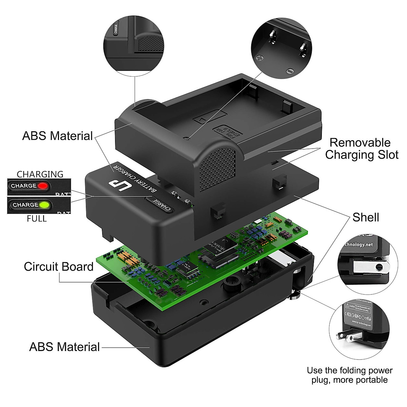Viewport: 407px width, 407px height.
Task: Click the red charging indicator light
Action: click(43, 186)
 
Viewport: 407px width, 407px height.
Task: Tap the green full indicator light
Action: click(44, 205)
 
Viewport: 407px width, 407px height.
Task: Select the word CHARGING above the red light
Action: click(40, 174)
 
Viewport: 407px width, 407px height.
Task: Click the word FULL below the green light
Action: click(37, 219)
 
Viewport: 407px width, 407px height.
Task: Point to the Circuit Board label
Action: click(58, 267)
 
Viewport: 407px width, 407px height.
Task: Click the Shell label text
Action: click(366, 217)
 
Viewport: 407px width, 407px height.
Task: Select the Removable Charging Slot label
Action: click(361, 149)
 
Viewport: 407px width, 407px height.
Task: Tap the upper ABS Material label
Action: click(57, 136)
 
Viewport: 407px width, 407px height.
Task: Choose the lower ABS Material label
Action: click(64, 347)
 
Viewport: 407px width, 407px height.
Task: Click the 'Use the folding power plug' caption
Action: click(349, 375)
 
